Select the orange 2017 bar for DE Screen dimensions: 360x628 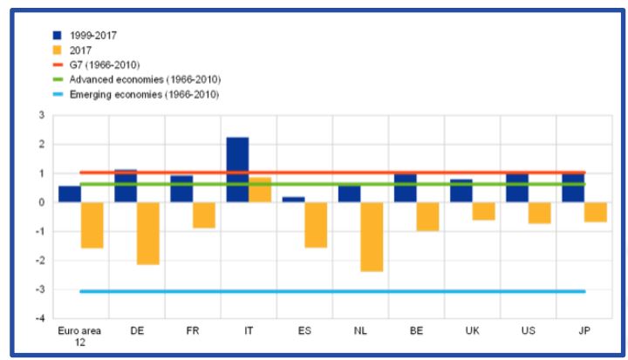coord(147,233)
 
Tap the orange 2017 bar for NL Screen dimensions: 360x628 coord(372,236)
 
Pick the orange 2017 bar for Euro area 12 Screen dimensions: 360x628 coord(92,225)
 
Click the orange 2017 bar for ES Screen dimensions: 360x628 coord(316,225)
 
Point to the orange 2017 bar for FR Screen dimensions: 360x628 coord(204,214)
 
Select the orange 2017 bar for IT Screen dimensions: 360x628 coord(260,190)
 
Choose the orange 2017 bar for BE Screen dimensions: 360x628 coord(427,216)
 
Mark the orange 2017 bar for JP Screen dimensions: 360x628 coord(595,212)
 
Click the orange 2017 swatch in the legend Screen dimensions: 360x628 coord(58,51)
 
